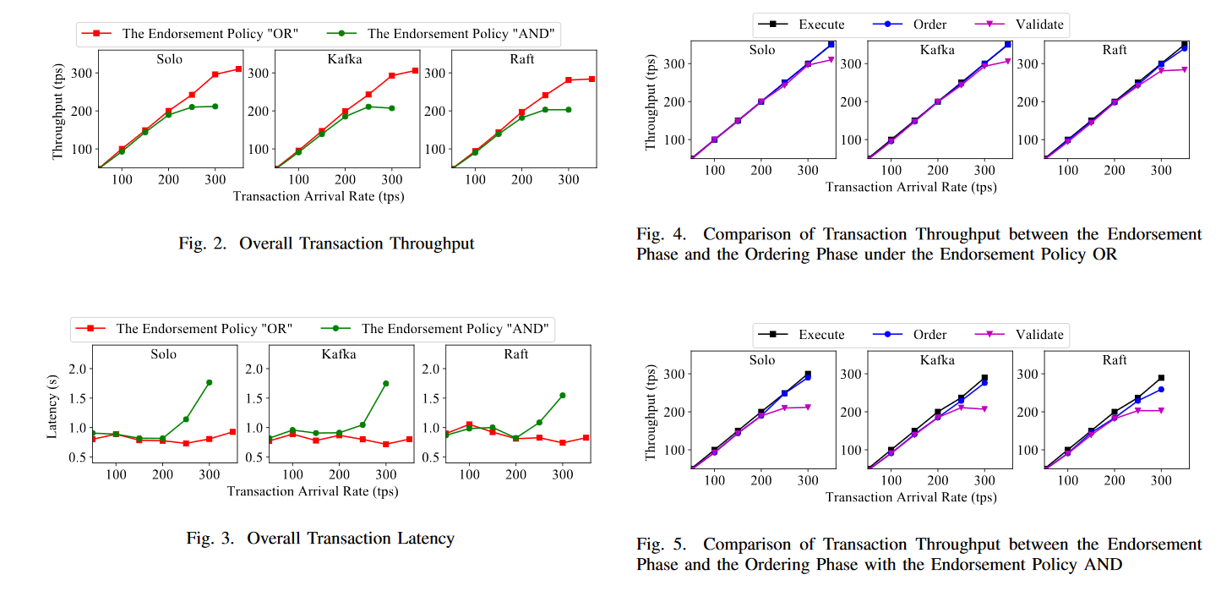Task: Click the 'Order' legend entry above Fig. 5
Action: (929, 335)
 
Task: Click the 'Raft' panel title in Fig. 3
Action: (516, 353)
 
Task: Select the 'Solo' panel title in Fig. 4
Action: (762, 50)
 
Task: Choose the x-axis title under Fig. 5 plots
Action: (910, 497)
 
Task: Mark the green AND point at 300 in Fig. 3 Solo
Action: (209, 382)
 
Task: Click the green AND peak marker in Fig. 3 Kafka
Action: (385, 383)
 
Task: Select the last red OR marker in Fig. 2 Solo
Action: (238, 68)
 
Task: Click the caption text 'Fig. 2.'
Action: (204, 244)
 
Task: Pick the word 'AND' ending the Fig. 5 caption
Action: (1104, 564)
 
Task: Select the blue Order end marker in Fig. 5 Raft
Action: (1161, 389)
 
